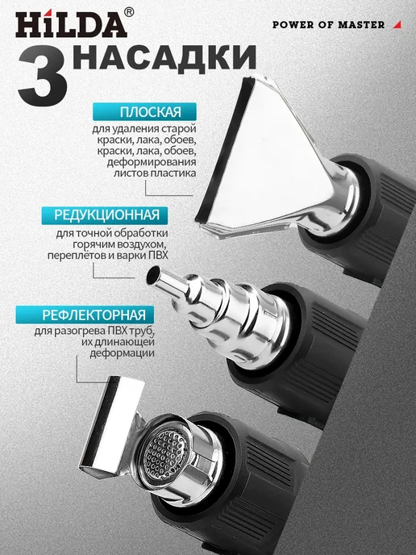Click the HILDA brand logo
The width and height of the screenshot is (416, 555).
click(72, 24)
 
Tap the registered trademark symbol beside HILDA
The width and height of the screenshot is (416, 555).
click(130, 13)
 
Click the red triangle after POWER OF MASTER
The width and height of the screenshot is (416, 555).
click(398, 24)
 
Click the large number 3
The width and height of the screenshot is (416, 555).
click(43, 78)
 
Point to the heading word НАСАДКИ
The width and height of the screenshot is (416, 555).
click(165, 57)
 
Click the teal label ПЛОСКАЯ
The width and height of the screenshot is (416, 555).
click(144, 112)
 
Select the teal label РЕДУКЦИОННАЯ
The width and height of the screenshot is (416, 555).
click(105, 215)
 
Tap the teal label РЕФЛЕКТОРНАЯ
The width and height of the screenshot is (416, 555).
click(85, 315)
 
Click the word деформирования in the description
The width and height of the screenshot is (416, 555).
click(152, 162)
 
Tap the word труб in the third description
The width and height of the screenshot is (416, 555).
click(144, 332)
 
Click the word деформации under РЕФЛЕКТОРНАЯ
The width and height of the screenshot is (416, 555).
click(122, 353)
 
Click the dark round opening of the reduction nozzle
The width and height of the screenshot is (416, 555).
click(154, 275)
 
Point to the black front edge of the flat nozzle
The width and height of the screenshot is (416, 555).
click(225, 148)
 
